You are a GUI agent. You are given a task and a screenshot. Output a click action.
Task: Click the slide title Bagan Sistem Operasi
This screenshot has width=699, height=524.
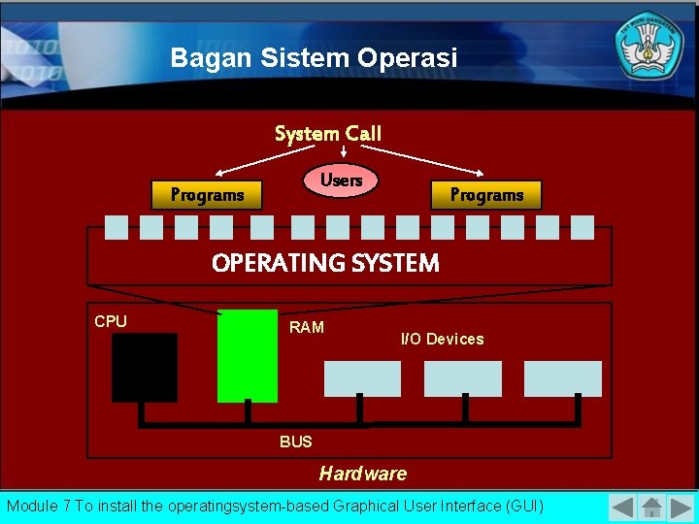(314, 58)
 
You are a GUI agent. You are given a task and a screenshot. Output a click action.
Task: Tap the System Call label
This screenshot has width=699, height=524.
(328, 133)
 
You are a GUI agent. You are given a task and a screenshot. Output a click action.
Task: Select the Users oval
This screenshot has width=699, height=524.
(341, 180)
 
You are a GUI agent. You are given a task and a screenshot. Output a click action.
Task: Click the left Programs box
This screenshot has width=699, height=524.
(208, 195)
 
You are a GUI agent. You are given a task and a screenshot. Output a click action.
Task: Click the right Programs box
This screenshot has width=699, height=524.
(485, 195)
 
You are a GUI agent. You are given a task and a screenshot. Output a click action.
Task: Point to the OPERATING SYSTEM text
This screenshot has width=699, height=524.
(325, 263)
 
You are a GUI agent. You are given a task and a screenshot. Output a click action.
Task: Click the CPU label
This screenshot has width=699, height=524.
(111, 321)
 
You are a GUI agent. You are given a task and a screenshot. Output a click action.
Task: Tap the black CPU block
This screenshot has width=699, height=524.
(145, 367)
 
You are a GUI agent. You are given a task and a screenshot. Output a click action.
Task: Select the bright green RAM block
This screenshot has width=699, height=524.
(248, 356)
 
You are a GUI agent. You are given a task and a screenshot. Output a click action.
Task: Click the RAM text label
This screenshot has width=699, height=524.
(307, 327)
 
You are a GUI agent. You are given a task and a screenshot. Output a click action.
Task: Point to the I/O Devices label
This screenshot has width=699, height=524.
(442, 339)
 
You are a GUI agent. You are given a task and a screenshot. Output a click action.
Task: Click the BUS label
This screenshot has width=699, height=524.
(296, 442)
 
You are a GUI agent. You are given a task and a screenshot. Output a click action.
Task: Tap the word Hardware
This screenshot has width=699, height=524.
(363, 474)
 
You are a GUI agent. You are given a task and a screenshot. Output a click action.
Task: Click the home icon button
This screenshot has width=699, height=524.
(652, 508)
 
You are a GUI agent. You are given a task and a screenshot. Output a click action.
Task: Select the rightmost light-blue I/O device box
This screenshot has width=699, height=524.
(563, 378)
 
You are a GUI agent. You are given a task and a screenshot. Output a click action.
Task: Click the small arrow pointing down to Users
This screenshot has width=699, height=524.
(345, 152)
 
